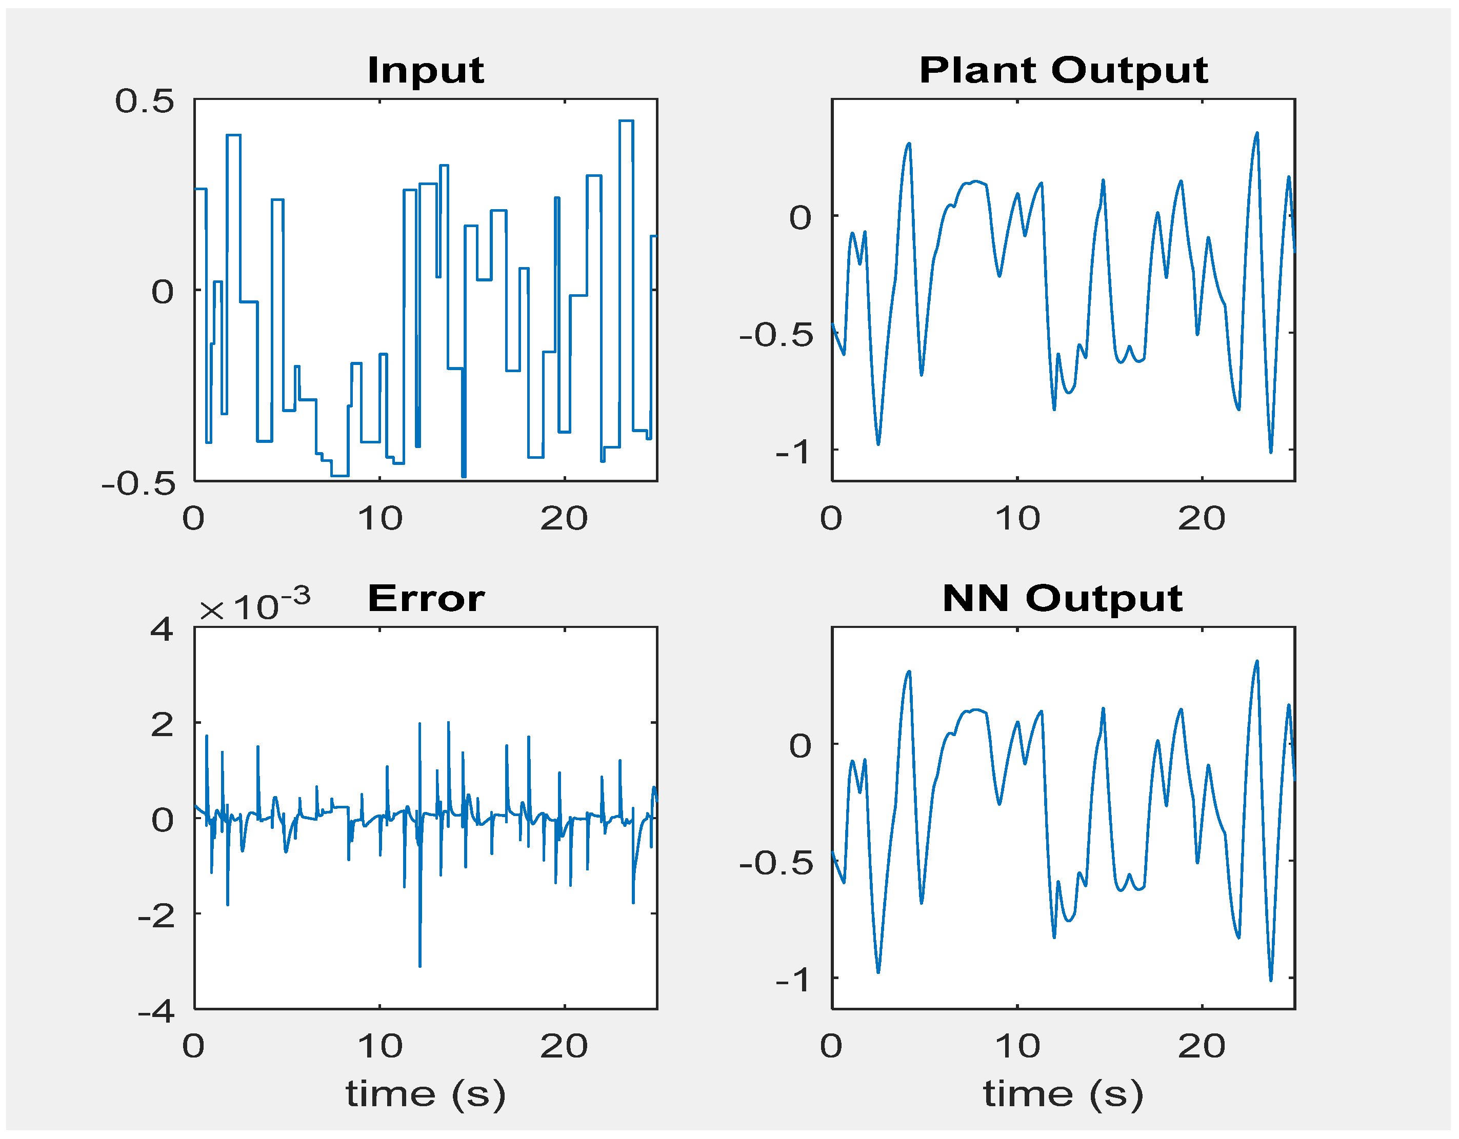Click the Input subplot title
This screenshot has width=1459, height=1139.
pos(426,70)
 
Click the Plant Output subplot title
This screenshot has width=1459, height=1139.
pos(1063,70)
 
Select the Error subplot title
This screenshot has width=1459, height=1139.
pos(426,598)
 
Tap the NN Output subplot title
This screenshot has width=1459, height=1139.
pos(1062,598)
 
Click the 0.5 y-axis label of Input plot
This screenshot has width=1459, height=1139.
pos(144,101)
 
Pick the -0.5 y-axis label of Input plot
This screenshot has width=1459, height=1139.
pos(138,483)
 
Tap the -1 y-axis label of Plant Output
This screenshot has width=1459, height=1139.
pos(793,452)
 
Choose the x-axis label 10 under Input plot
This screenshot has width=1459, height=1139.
pos(379,519)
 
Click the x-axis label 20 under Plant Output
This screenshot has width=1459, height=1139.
pos(1201,519)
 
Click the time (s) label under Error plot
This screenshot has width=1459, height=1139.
pos(426,1093)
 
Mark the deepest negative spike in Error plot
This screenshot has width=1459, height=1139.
pos(419,965)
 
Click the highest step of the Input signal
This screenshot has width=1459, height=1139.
pos(626,121)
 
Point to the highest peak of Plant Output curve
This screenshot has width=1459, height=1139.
pos(1256,133)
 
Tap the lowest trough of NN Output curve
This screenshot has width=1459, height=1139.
pos(1271,980)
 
